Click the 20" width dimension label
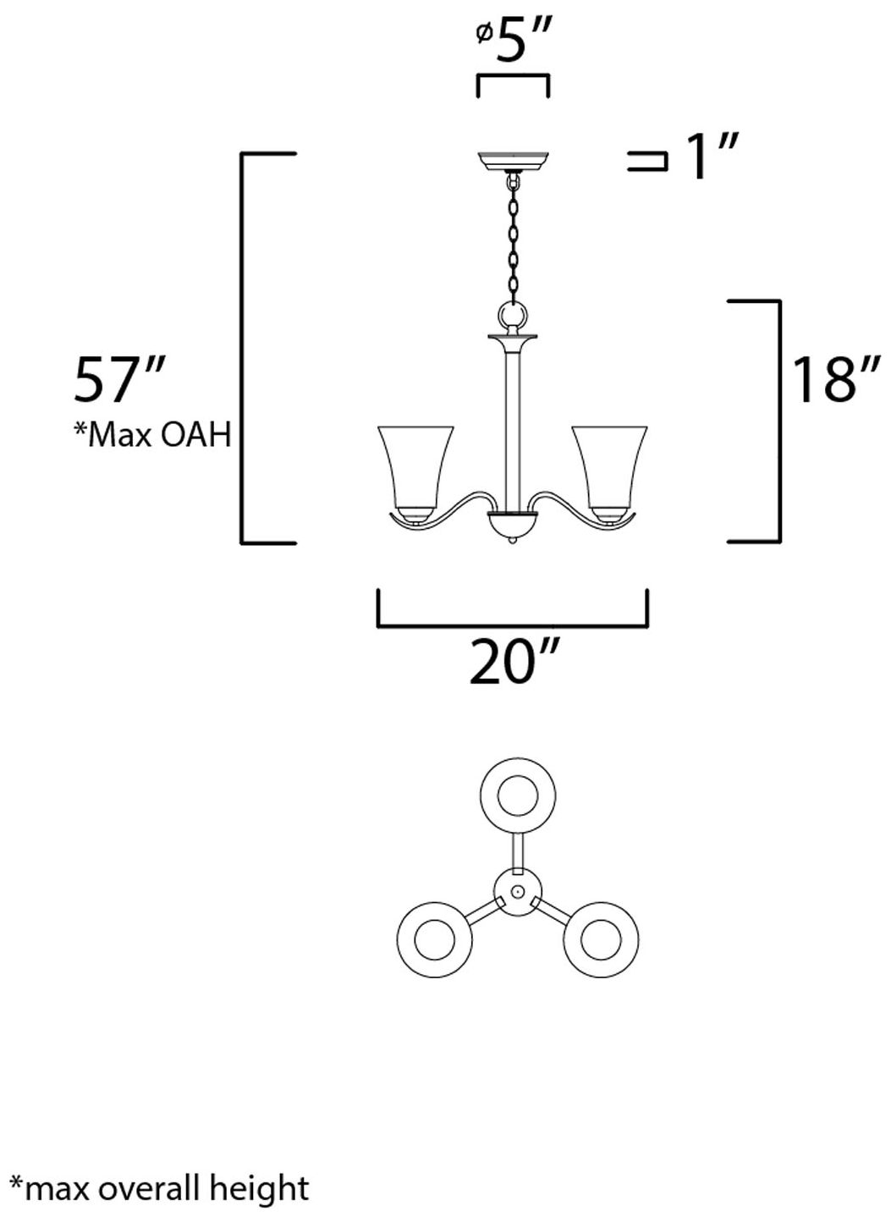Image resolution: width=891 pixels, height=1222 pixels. pyautogui.click(x=514, y=663)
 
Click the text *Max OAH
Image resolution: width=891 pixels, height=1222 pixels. pyautogui.click(x=152, y=435)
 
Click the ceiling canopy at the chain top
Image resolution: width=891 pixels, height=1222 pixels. pyautogui.click(x=513, y=160)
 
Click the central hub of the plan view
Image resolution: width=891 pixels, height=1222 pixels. pyautogui.click(x=516, y=891)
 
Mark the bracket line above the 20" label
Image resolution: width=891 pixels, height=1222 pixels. pyautogui.click(x=512, y=627)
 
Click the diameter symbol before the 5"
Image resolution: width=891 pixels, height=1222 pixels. pyautogui.click(x=484, y=34)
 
